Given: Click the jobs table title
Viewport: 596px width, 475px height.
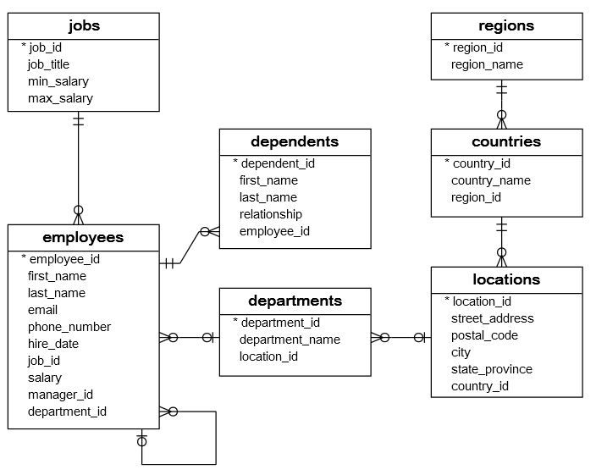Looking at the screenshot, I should tap(83, 25).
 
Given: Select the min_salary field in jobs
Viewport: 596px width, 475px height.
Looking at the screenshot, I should tap(58, 81).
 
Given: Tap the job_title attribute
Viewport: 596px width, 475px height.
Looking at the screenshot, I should tap(48, 64).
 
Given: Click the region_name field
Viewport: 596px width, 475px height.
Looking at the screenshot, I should tap(487, 64).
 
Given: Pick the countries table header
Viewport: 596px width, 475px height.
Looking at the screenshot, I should tap(506, 141).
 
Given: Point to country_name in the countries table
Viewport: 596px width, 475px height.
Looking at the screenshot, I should tap(491, 180).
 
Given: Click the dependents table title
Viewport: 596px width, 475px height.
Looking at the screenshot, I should tap(295, 141).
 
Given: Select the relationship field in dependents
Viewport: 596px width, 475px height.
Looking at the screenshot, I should tap(270, 214).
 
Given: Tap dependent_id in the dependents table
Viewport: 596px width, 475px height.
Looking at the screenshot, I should tap(278, 163).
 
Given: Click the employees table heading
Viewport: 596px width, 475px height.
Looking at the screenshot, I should tap(83, 237).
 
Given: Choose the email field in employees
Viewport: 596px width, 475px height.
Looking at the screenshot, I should tap(42, 310).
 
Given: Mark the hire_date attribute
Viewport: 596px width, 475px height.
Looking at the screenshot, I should tap(52, 344).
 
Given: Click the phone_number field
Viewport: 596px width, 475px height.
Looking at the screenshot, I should tap(69, 327).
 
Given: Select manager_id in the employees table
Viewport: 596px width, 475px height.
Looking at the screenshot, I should tap(60, 395).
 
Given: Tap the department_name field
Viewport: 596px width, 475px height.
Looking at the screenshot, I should tap(290, 340).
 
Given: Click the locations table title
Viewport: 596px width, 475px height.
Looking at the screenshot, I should tap(506, 279).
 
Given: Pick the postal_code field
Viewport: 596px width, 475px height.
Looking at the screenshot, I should tap(484, 335).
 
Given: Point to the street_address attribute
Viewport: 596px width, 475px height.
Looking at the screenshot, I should tap(492, 318).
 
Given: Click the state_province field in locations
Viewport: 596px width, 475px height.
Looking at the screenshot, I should tap(491, 369).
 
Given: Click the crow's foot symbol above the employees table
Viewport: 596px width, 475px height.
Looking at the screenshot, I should tap(79, 213).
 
